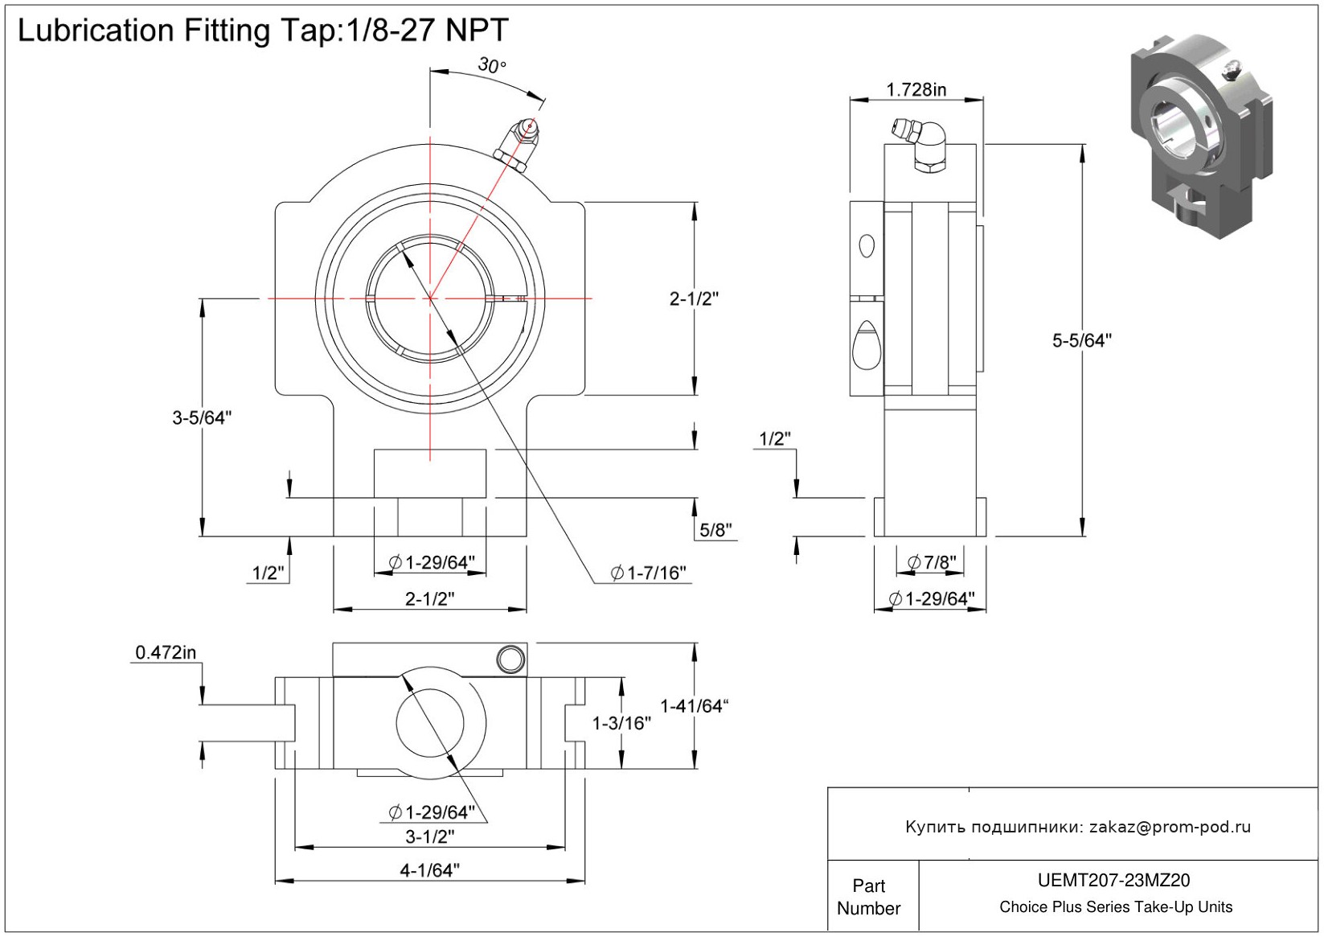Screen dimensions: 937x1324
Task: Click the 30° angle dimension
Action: pos(491,65)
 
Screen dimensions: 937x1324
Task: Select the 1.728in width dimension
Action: pos(916,89)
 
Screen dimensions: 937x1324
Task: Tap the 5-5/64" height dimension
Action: pos(1081,341)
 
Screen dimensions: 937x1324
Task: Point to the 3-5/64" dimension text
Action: pos(202,417)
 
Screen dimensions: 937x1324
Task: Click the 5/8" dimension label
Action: pos(715,530)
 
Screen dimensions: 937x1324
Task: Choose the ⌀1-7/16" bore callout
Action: pos(649,573)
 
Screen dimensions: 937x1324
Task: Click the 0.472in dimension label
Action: pos(166,652)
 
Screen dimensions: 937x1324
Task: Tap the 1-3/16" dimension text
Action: pos(621,723)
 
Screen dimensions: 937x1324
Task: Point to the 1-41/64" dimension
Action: pos(694,706)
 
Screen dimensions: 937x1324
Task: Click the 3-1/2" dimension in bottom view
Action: pos(429,836)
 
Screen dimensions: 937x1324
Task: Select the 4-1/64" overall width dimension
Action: pos(429,870)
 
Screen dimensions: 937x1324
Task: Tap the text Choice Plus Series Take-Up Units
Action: pos(1115,907)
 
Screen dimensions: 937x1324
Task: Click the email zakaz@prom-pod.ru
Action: pos(1170,827)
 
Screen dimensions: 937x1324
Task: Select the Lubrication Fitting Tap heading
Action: pos(263,31)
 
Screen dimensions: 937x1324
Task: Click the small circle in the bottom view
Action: pos(510,660)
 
